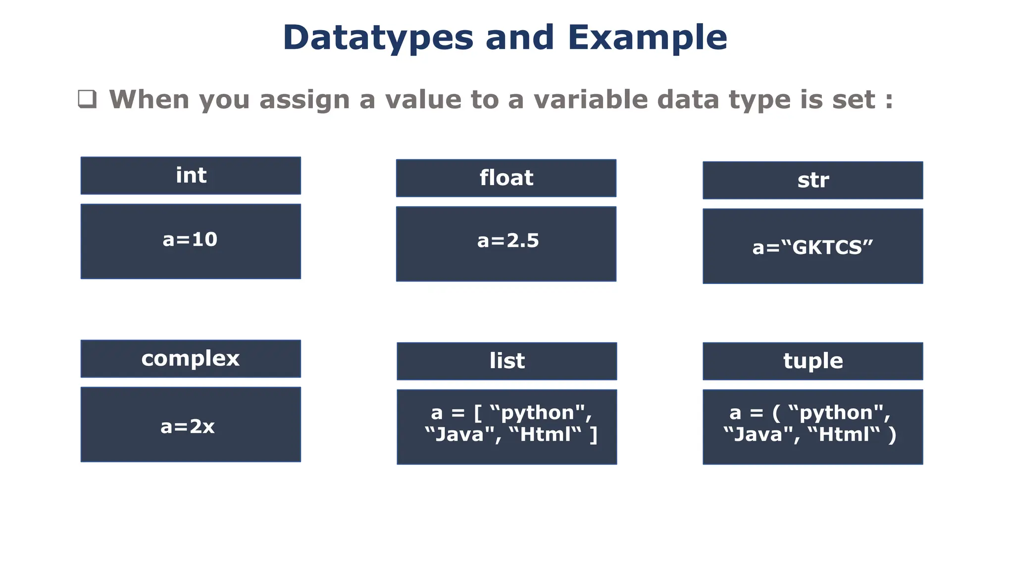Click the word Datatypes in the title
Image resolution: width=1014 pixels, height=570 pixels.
point(378,38)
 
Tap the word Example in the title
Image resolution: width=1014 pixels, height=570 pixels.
point(647,38)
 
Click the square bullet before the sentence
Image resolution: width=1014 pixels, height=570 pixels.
point(87,99)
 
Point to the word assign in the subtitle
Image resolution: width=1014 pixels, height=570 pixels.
point(304,100)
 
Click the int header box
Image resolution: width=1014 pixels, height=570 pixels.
point(191,176)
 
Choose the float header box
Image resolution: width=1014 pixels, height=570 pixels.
point(506,178)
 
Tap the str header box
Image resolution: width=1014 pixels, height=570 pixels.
point(812,180)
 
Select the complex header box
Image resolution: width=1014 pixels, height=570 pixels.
point(191,359)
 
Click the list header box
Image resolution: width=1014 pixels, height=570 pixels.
point(507,361)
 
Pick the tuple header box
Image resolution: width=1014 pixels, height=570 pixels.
point(812,361)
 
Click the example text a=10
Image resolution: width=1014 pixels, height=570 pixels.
point(190,239)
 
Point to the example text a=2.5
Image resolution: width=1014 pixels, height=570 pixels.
point(508,241)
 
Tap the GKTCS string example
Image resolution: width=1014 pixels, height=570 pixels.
point(812,247)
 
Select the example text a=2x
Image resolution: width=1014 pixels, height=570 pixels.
point(188,427)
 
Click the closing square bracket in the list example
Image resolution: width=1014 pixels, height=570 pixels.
point(593,435)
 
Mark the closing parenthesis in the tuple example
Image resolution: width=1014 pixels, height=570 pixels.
point(892,435)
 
